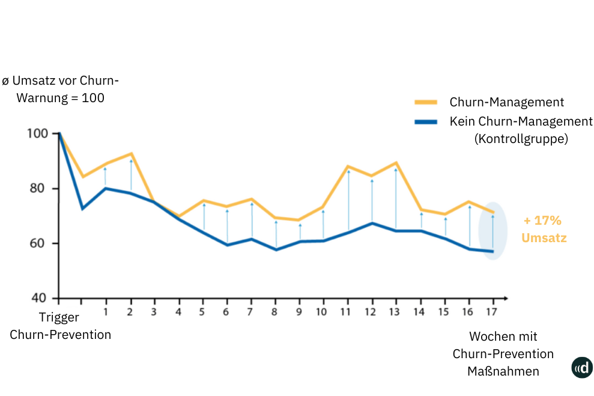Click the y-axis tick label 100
38,133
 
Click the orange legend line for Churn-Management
426,103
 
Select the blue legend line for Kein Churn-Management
426,122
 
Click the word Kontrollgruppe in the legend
521,139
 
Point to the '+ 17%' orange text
542,221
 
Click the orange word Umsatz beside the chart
544,238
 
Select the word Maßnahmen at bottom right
503,371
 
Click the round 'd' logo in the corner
581,368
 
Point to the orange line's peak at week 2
131,154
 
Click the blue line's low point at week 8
276,249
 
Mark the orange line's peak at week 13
396,162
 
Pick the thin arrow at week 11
348,201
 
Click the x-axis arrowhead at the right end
506,298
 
